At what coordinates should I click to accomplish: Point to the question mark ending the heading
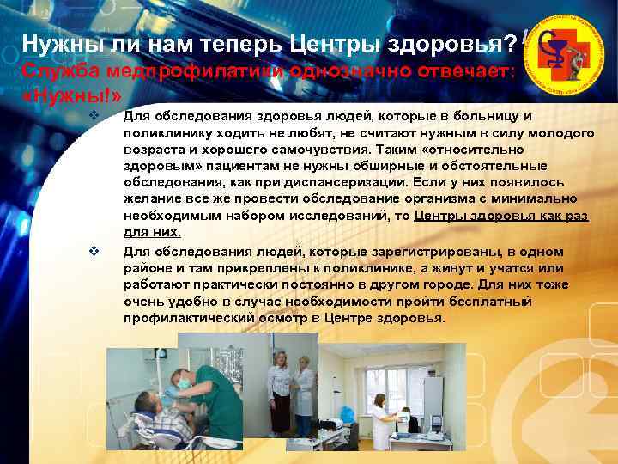tap(512, 42)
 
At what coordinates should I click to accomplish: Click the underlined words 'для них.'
tap(152, 232)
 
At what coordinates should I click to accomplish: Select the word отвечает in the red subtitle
tap(470, 70)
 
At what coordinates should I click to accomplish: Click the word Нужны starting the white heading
tap(57, 42)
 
